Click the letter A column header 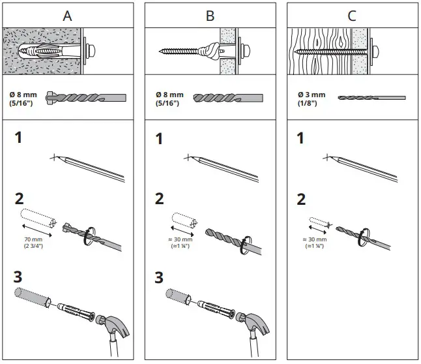[x=67, y=16]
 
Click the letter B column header [x=210, y=16]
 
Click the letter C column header [x=352, y=16]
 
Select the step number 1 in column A [x=19, y=138]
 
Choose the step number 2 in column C [x=300, y=200]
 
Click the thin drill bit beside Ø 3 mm [x=371, y=98]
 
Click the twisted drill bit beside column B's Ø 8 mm [x=228, y=99]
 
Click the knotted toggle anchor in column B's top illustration [x=210, y=50]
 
